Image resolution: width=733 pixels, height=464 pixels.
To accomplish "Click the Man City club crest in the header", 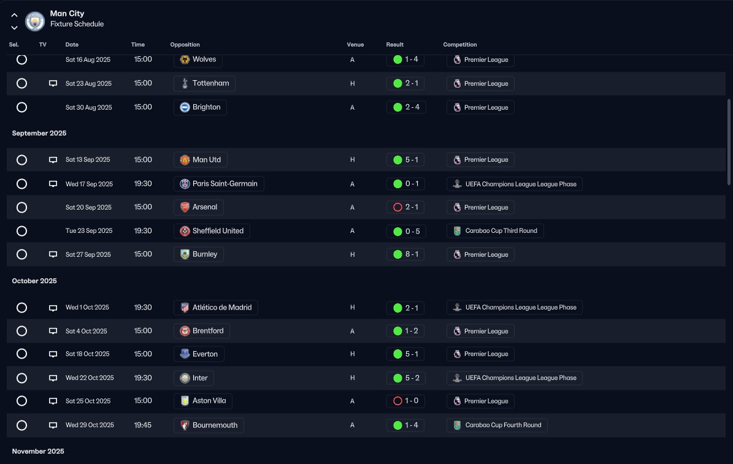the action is [34, 21].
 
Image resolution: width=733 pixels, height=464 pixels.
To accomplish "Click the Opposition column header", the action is [185, 44].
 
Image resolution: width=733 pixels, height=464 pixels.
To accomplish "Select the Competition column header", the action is [460, 44].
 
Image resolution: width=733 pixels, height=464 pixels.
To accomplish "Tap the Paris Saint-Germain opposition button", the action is [219, 184].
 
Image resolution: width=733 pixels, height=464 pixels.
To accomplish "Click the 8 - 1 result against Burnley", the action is [406, 254].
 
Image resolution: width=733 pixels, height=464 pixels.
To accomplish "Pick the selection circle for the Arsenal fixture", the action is [21, 207].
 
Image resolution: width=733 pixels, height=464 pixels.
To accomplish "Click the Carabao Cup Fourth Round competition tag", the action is [497, 425].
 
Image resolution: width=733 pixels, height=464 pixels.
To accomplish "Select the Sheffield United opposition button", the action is [212, 231].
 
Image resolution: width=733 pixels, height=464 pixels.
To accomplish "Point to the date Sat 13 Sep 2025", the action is [88, 160].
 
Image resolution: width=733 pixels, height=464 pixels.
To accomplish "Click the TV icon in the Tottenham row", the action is [53, 83].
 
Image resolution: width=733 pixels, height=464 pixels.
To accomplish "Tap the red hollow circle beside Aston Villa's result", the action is [398, 401].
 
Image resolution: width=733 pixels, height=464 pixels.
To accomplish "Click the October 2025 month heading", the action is [34, 281].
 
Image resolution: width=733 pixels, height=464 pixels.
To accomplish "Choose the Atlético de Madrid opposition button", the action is [216, 308].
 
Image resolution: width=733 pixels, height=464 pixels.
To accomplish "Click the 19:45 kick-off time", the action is [142, 425].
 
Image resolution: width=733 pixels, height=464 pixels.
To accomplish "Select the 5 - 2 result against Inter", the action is [406, 378].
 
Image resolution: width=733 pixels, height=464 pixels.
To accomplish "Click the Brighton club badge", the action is [185, 107].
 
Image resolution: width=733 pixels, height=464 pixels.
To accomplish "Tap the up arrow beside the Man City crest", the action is [15, 15].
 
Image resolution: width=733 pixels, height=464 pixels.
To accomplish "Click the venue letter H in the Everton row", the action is [353, 354].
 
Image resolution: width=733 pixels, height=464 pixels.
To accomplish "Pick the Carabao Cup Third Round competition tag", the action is [495, 231].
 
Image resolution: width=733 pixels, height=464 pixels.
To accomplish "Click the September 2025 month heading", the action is [39, 133].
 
